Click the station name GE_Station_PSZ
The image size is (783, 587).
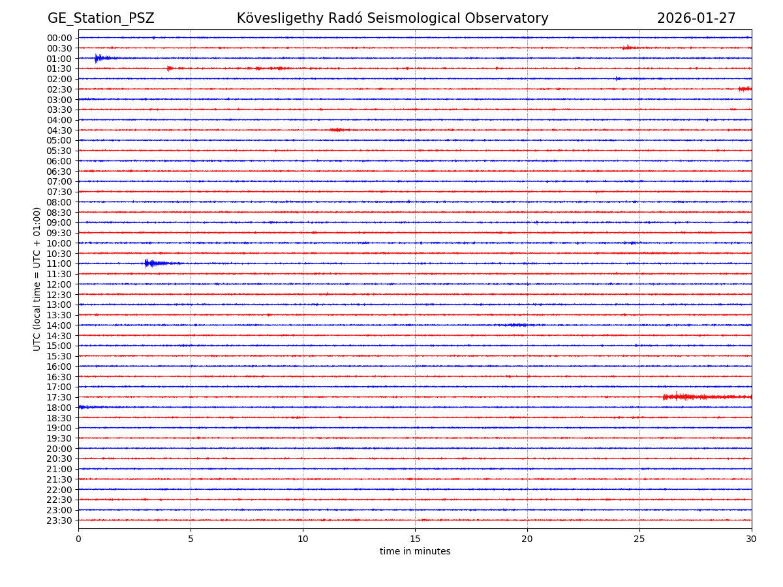pos(100,18)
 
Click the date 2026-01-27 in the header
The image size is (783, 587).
pos(696,18)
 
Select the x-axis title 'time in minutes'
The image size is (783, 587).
pos(415,552)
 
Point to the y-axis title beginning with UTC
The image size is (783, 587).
pos(37,278)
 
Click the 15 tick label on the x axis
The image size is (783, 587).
pos(415,539)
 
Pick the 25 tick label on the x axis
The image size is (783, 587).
pos(639,539)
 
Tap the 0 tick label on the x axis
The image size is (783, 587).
pos(78,539)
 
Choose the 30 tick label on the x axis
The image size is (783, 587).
pos(752,539)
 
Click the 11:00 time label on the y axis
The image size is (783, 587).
pos(59,263)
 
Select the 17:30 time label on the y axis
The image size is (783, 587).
pos(59,397)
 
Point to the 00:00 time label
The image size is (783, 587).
pos(59,38)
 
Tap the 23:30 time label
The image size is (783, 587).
pos(59,520)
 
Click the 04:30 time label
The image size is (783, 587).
pos(59,130)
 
